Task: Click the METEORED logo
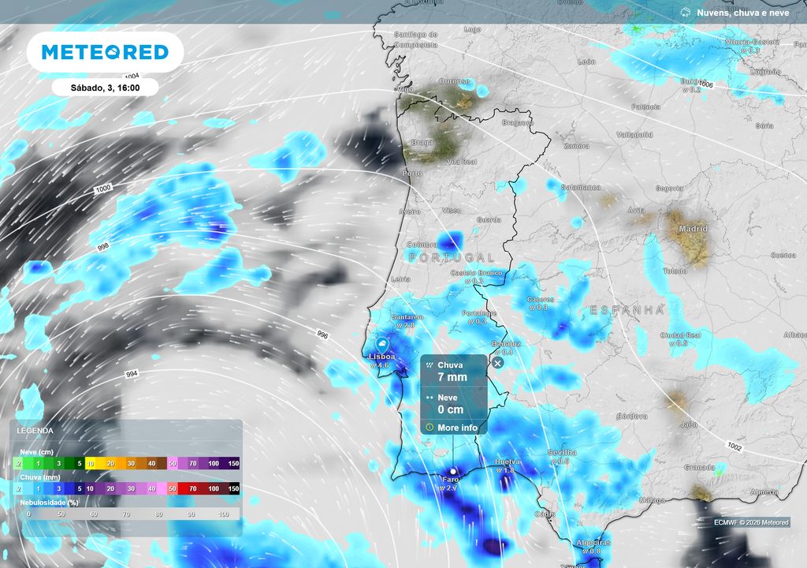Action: click(105, 52)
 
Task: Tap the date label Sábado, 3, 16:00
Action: click(105, 88)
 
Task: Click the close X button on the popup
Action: click(497, 362)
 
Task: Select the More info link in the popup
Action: click(457, 428)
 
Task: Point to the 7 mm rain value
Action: click(452, 377)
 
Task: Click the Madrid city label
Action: click(692, 229)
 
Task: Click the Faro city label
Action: click(452, 479)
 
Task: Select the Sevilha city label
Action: click(562, 452)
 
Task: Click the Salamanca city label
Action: click(581, 187)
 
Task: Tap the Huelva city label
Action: click(504, 461)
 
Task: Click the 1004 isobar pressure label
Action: click(132, 76)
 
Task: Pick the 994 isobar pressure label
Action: click(132, 373)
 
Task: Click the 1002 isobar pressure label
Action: click(734, 447)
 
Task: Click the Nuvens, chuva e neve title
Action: click(742, 13)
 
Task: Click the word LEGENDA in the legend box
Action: click(36, 431)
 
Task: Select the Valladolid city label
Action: click(634, 135)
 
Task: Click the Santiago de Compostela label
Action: click(415, 39)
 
